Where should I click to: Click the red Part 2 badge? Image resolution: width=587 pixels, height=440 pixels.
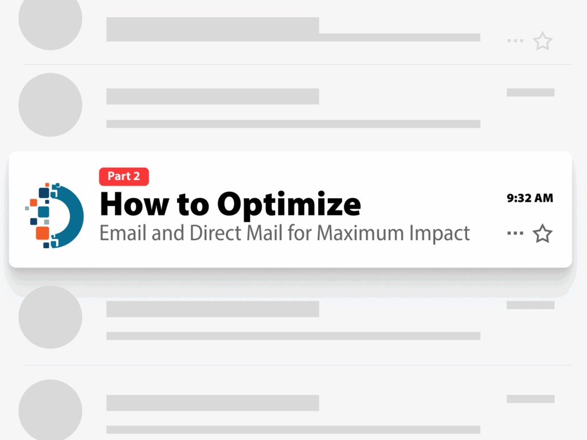[124, 176]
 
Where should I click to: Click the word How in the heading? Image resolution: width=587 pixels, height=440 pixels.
[134, 205]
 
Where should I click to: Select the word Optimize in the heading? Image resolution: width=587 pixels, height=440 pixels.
[289, 205]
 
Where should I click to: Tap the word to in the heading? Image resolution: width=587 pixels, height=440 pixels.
[193, 206]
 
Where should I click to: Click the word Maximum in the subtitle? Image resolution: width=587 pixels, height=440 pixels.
[360, 234]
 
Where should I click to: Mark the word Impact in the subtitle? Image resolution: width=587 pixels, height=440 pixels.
[440, 234]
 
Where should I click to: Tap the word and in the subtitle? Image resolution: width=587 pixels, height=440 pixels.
[168, 233]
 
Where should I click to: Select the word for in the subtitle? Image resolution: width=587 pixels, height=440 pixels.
[299, 233]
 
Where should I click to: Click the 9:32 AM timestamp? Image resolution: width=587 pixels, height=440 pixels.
[530, 198]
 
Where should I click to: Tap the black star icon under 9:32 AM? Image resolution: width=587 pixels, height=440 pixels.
[542, 234]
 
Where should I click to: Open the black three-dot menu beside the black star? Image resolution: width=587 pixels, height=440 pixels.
[515, 233]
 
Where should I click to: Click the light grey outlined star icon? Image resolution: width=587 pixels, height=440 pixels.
[542, 41]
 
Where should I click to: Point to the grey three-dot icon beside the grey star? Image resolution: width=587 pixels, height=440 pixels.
[515, 41]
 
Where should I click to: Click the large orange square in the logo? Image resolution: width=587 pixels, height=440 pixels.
[42, 233]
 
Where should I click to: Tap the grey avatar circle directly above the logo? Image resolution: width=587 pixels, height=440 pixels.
[50, 105]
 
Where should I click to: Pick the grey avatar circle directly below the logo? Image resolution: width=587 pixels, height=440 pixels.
[50, 317]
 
